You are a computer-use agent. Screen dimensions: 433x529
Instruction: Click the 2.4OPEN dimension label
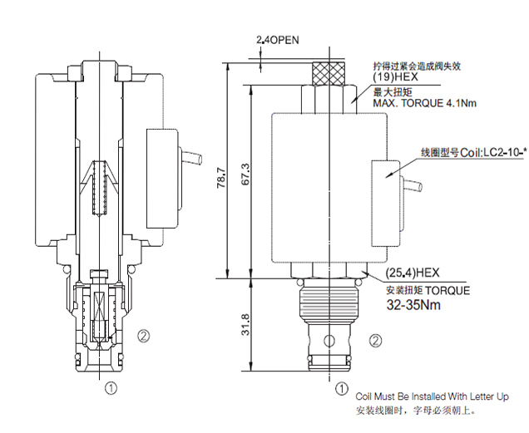click(x=278, y=39)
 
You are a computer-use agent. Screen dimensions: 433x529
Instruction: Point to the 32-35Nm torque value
click(x=413, y=304)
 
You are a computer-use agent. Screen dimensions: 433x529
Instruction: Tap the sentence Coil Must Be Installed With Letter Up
click(x=432, y=396)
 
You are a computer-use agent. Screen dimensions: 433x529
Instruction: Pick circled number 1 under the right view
click(x=341, y=387)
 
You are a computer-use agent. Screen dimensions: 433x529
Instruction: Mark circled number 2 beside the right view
click(x=376, y=340)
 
